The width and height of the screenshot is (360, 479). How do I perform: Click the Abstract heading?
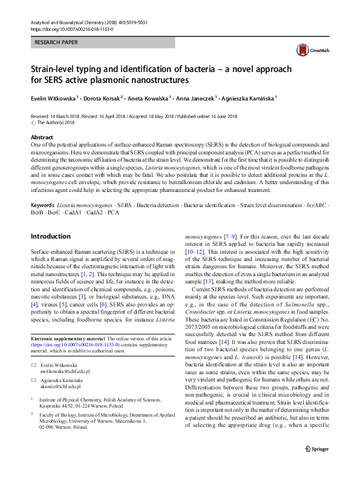point(42,137)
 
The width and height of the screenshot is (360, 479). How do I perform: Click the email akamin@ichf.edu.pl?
point(60,386)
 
